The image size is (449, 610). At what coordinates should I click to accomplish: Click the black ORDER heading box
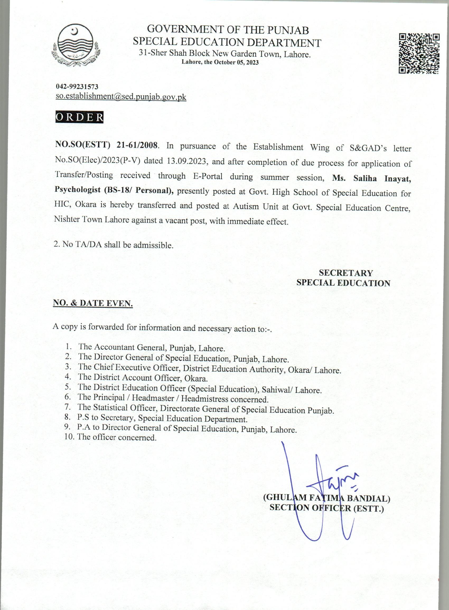point(79,117)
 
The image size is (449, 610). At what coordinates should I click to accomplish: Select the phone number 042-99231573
point(77,87)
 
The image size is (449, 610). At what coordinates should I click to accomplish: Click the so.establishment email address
point(121,97)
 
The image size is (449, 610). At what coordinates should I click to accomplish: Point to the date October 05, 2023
point(236,62)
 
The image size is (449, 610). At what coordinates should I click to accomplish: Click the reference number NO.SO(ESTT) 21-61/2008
point(106,145)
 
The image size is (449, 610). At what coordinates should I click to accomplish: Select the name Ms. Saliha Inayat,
point(371,179)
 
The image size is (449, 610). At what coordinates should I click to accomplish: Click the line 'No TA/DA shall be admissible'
point(114,245)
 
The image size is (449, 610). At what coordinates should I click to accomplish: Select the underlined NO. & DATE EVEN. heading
point(93,304)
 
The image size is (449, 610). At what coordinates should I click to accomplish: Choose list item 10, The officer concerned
point(117,437)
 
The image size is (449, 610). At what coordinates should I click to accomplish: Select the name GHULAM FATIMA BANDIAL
point(326,498)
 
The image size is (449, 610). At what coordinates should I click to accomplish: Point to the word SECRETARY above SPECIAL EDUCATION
point(346,273)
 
